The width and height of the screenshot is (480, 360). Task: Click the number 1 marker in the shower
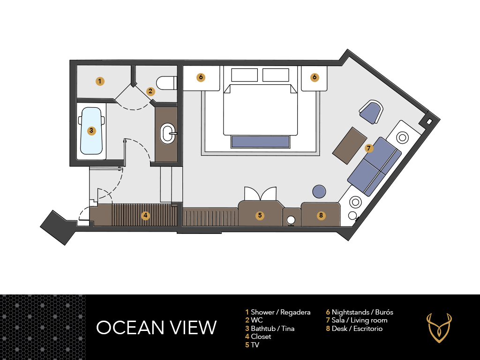tap(100, 81)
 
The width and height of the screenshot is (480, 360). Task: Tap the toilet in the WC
tap(166, 82)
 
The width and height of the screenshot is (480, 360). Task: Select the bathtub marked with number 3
tap(91, 131)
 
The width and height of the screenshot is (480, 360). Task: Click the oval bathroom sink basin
tap(167, 134)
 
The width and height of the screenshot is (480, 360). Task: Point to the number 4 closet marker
tap(145, 215)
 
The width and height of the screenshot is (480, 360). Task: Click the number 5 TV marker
tap(260, 215)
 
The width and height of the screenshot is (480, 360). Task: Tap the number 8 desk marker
tap(321, 215)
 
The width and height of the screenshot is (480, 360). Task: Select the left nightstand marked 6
tap(201, 78)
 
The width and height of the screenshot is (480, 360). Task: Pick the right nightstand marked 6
tap(314, 78)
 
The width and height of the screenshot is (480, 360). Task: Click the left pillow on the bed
tap(244, 75)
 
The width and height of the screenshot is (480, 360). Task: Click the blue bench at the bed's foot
tap(260, 142)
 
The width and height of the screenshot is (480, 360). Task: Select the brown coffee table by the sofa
tap(350, 146)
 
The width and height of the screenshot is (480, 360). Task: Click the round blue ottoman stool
tap(319, 192)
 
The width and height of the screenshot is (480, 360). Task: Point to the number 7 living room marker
tap(368, 149)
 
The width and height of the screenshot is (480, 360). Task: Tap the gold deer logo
tap(439, 328)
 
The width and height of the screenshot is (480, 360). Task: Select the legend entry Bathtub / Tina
tap(270, 329)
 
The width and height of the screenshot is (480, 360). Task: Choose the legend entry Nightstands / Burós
tap(360, 312)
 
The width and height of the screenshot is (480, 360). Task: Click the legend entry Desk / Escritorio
tap(354, 329)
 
